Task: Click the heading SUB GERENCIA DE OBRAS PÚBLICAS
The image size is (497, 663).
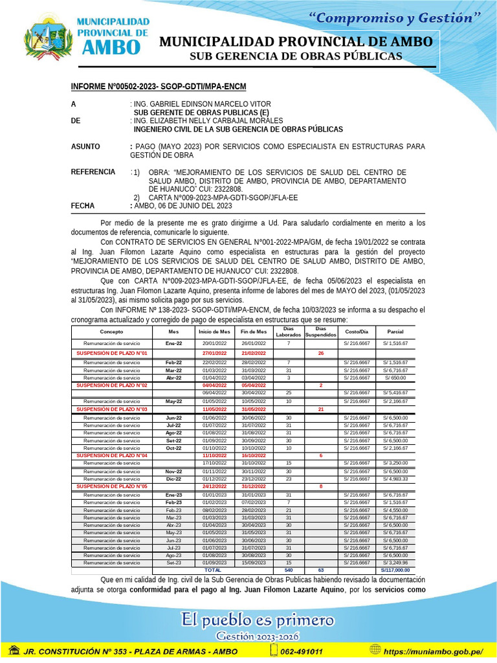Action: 295,57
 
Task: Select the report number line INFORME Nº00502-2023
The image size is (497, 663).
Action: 158,87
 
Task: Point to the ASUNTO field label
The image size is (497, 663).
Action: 85,147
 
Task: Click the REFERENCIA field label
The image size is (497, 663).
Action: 93,172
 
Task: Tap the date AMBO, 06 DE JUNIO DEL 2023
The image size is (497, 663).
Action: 182,206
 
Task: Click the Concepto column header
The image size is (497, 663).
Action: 111,331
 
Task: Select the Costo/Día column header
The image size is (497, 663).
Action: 356,331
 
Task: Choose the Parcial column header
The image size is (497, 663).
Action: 395,331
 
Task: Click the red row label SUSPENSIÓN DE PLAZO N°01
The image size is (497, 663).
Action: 113,353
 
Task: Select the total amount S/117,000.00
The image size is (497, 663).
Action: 395,570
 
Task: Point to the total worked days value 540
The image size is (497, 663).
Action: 289,570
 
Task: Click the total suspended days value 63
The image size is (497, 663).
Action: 321,570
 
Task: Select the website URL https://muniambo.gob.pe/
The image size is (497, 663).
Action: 434,651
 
